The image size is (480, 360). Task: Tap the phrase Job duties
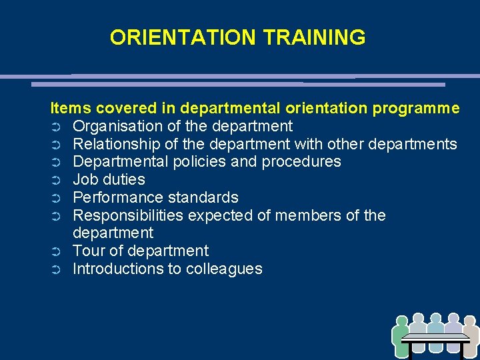click(109, 180)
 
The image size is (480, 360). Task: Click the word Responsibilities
click(128, 216)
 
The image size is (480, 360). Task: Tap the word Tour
click(87, 251)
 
